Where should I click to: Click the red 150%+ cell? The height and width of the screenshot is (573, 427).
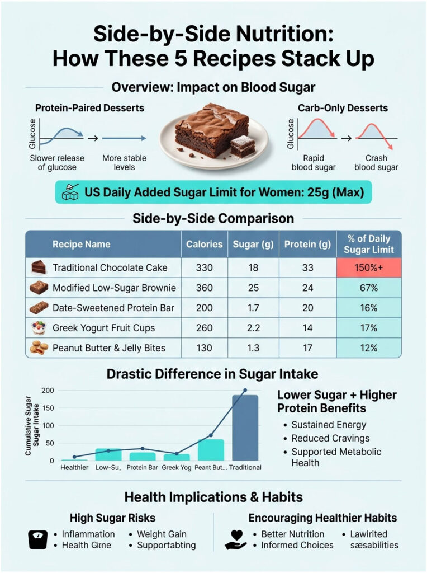coord(368,267)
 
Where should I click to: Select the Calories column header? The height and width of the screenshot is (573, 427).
coord(204,244)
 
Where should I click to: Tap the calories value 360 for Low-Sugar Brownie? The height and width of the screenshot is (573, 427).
coord(204,288)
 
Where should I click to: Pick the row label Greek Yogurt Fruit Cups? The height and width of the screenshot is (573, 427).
coord(103,328)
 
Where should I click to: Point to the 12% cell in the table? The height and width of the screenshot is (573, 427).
coord(368,348)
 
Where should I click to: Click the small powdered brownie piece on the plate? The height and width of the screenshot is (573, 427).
coord(242,145)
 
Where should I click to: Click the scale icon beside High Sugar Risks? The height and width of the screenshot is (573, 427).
coord(37,539)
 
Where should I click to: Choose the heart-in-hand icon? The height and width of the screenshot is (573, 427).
coord(235,539)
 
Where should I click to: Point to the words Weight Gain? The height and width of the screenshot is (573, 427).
coord(162,534)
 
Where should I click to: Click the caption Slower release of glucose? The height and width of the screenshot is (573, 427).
coord(58,162)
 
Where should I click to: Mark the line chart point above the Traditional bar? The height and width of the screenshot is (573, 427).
coord(245,390)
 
